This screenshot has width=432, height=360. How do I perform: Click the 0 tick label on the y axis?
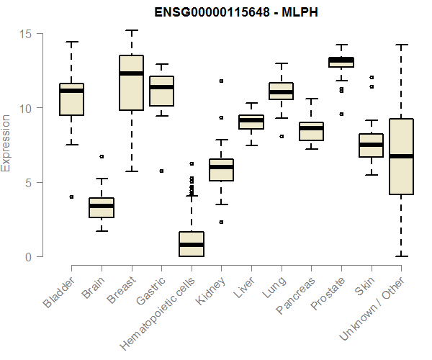pyautogui.click(x=30, y=257)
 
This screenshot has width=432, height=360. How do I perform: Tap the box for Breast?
pyautogui.click(x=131, y=92)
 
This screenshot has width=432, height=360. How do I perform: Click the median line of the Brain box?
pyautogui.click(x=102, y=206)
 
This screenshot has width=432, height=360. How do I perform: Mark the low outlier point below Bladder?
pyautogui.click(x=71, y=197)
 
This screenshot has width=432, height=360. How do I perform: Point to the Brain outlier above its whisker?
pyautogui.click(x=102, y=156)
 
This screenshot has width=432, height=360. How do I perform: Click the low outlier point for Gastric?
pyautogui.click(x=161, y=171)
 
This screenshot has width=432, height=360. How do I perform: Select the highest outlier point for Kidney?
pyautogui.click(x=221, y=81)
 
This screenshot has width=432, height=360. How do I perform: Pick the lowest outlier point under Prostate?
pyautogui.click(x=341, y=114)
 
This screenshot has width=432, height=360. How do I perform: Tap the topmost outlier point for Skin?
pyautogui.click(x=372, y=77)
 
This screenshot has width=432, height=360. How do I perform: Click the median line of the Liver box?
pyautogui.click(x=251, y=120)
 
